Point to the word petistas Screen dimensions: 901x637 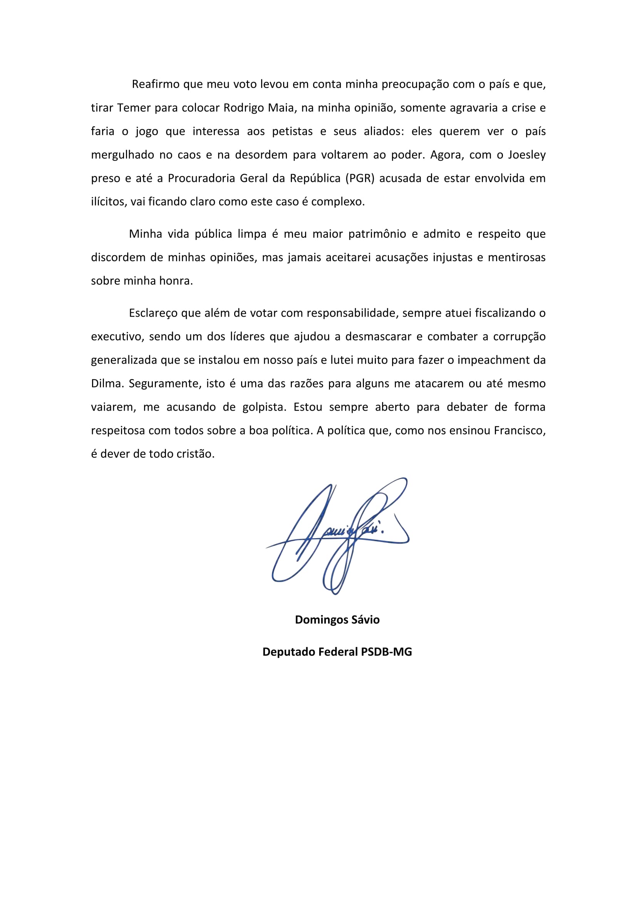click(x=292, y=131)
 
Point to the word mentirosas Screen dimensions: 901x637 click(x=516, y=258)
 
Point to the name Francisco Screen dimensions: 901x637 click(x=519, y=431)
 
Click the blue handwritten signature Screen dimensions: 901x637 click(x=337, y=538)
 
